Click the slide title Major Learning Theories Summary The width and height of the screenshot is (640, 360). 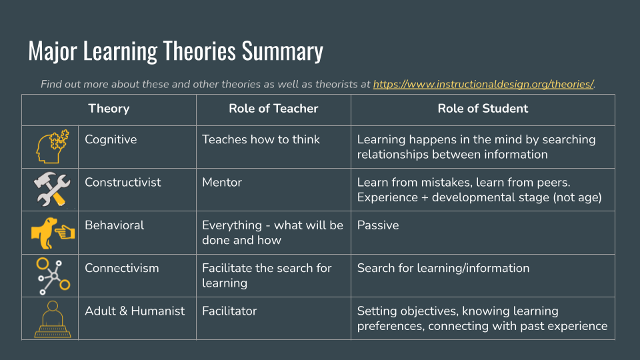[x=175, y=51]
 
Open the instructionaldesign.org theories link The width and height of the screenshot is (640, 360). [x=483, y=85]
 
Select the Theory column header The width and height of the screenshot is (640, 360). [x=109, y=109]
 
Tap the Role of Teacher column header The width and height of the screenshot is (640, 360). [x=273, y=109]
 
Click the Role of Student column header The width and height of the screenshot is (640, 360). [x=483, y=109]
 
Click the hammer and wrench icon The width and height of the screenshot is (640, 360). [x=51, y=189]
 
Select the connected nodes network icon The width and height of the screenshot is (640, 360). [x=51, y=275]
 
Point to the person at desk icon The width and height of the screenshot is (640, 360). [x=51, y=318]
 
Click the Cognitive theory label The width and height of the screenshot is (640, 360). [x=111, y=139]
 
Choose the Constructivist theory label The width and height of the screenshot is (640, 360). [x=123, y=182]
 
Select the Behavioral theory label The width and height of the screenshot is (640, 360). [x=114, y=225]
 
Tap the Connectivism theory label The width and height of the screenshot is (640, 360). [x=122, y=268]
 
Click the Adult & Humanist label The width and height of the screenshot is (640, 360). [x=135, y=311]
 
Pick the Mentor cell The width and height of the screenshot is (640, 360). [x=222, y=182]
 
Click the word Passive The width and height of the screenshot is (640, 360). [x=378, y=225]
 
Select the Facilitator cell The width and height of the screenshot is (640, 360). [x=229, y=311]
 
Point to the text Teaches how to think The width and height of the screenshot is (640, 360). [x=261, y=139]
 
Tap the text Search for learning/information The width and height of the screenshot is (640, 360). [x=443, y=268]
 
